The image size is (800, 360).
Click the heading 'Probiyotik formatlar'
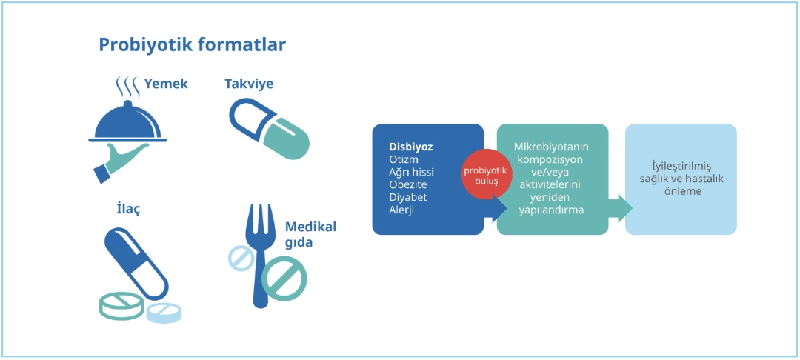point(192,45)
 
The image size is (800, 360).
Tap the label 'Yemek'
point(166,84)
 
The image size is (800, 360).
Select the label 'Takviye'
point(249,84)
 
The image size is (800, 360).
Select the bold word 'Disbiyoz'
point(410,147)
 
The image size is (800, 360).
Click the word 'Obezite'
point(407,184)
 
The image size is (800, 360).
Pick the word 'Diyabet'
point(407,197)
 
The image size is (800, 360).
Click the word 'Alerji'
point(401,209)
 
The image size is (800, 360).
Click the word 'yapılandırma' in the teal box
point(551,210)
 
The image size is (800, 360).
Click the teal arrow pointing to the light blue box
point(621,208)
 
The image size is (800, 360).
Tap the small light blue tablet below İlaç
point(164,313)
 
